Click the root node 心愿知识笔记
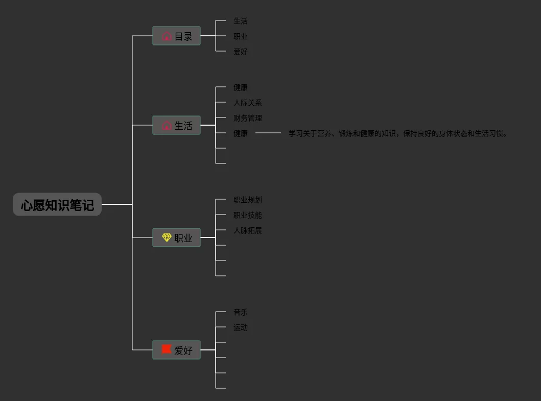(57, 205)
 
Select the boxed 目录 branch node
(176, 36)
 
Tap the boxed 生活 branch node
(176, 126)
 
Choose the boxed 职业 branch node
(176, 238)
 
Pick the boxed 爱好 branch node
(176, 350)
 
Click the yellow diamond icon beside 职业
(167, 238)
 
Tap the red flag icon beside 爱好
(167, 349)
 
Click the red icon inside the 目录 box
(167, 36)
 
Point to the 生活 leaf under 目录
(241, 21)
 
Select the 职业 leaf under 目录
(241, 36)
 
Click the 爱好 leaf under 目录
(241, 52)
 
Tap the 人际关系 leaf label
(248, 103)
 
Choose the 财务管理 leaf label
(248, 118)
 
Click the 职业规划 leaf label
(248, 200)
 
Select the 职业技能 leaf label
(248, 215)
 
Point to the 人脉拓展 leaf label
(248, 230)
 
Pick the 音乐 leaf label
(241, 312)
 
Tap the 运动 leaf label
(241, 327)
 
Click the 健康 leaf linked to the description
(241, 133)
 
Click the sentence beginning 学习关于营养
(398, 133)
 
